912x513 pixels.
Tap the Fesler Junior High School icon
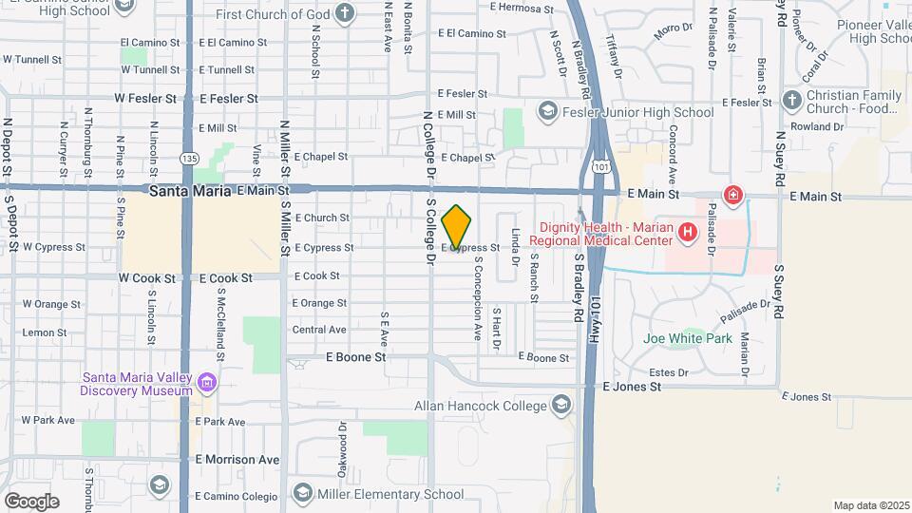click(x=547, y=113)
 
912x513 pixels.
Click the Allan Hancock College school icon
click(x=561, y=407)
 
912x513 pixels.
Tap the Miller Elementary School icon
click(x=303, y=493)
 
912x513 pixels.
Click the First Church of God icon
click(x=345, y=13)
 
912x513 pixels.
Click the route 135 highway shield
click(x=189, y=158)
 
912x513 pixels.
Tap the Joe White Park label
click(x=687, y=338)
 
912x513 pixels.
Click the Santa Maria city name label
click(x=190, y=191)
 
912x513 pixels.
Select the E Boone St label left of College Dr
click(x=356, y=357)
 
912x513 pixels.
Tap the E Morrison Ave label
click(x=237, y=460)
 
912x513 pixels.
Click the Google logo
click(x=31, y=501)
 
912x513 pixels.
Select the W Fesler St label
click(x=145, y=98)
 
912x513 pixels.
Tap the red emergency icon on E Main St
click(x=732, y=197)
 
